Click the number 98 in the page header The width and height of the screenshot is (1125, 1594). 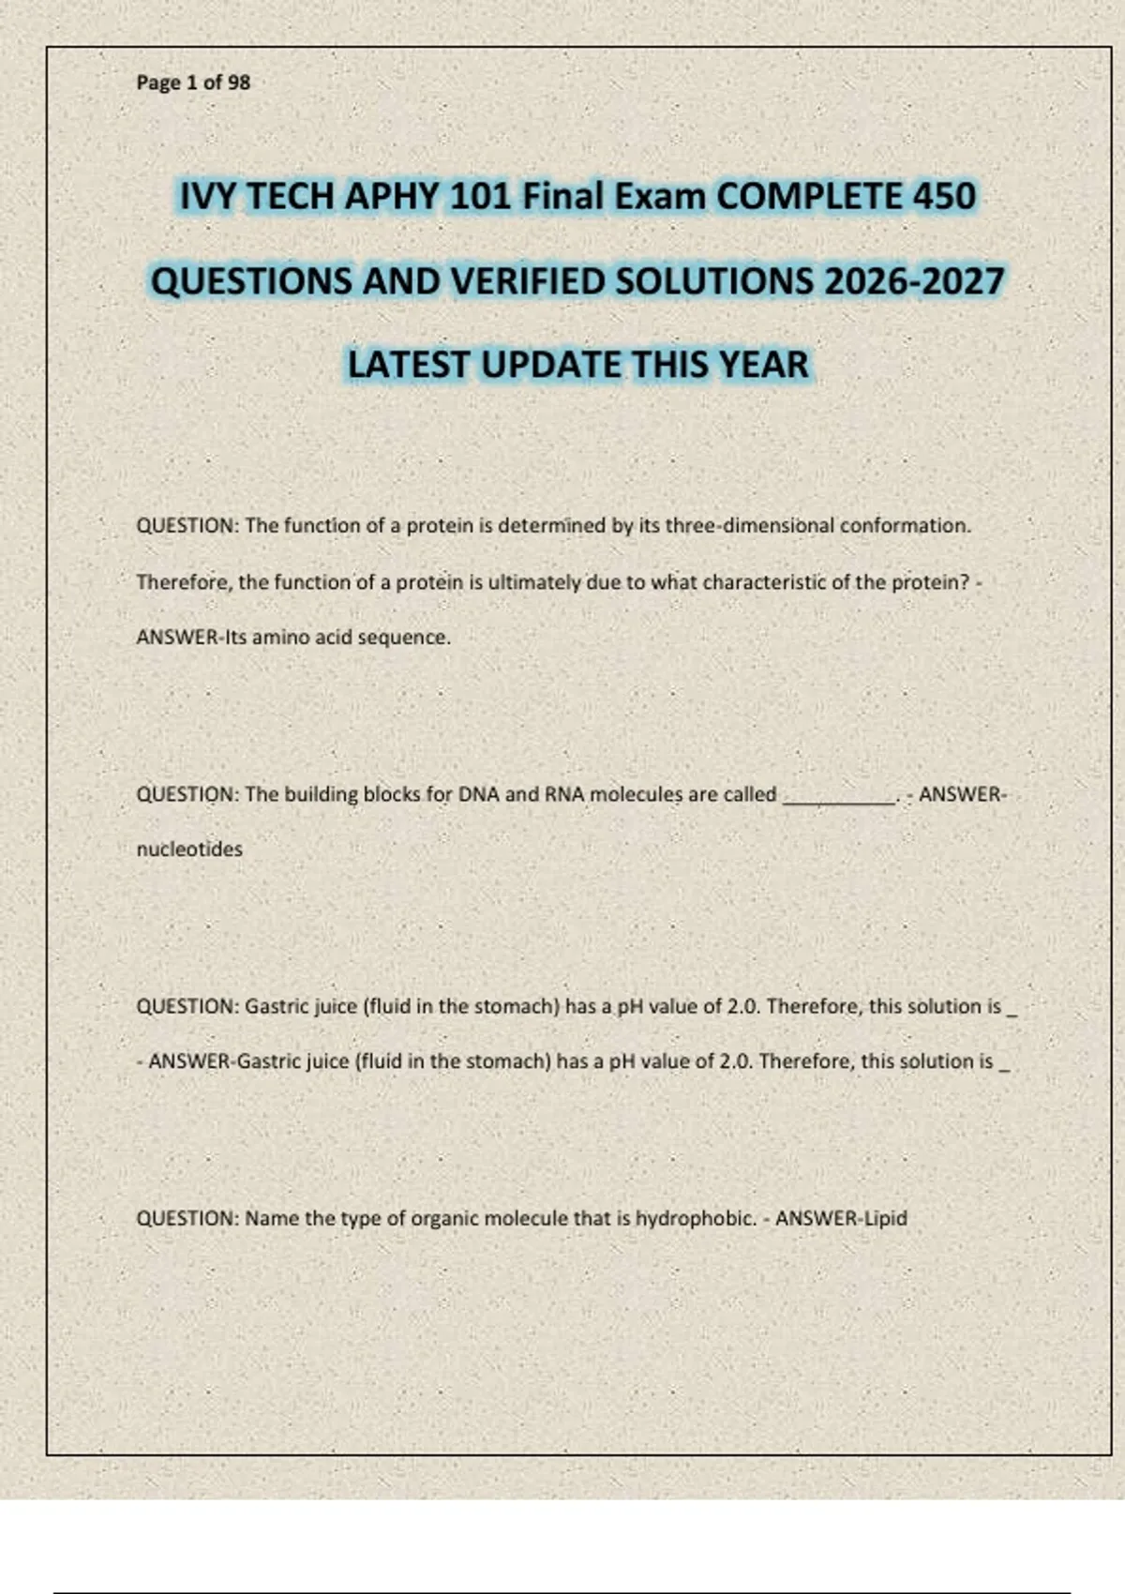tap(239, 83)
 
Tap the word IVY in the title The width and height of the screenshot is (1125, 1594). tap(207, 196)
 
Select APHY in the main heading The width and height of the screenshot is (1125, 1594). tap(393, 196)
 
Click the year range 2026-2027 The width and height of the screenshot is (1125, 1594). tap(914, 281)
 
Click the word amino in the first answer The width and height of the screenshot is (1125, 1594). tap(280, 638)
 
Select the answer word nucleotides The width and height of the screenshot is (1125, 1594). tap(189, 850)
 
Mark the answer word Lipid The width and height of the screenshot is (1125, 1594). tap(885, 1219)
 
